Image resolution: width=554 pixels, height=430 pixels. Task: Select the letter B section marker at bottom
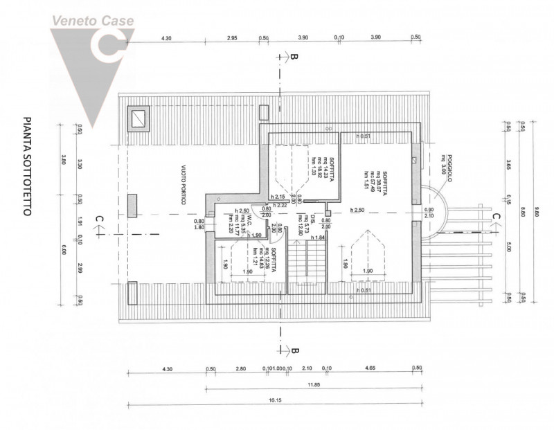[294, 350]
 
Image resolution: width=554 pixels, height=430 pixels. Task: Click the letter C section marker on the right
[495, 217]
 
